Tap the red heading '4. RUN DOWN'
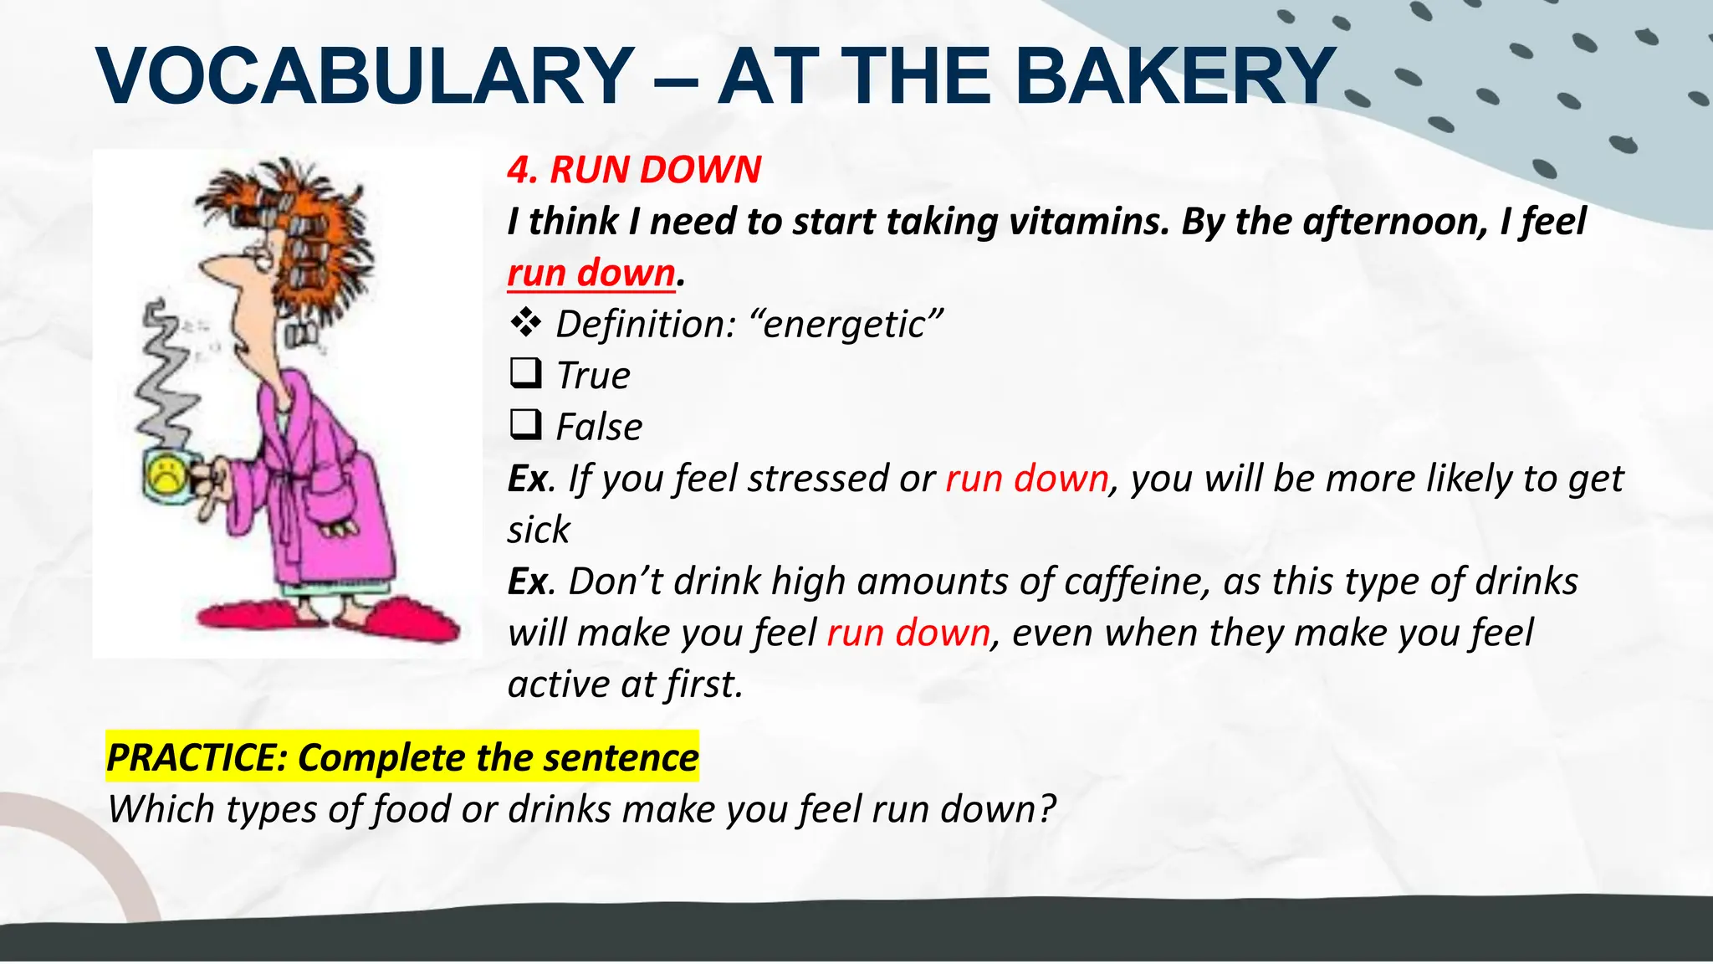click(634, 170)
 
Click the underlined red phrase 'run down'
click(591, 273)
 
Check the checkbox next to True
click(525, 373)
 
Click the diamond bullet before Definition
click(525, 322)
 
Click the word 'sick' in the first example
click(538, 530)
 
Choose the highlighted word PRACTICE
click(196, 757)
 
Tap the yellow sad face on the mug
click(166, 474)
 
